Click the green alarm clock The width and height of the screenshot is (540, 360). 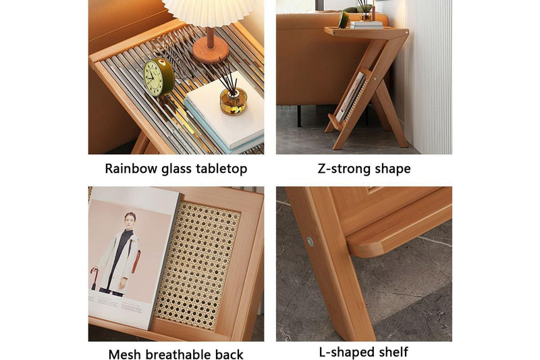coord(159,77)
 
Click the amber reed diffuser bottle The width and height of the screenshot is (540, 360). coord(234,101)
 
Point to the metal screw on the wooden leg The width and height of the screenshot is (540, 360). coord(310,241)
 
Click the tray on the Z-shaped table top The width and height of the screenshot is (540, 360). coord(365,26)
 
